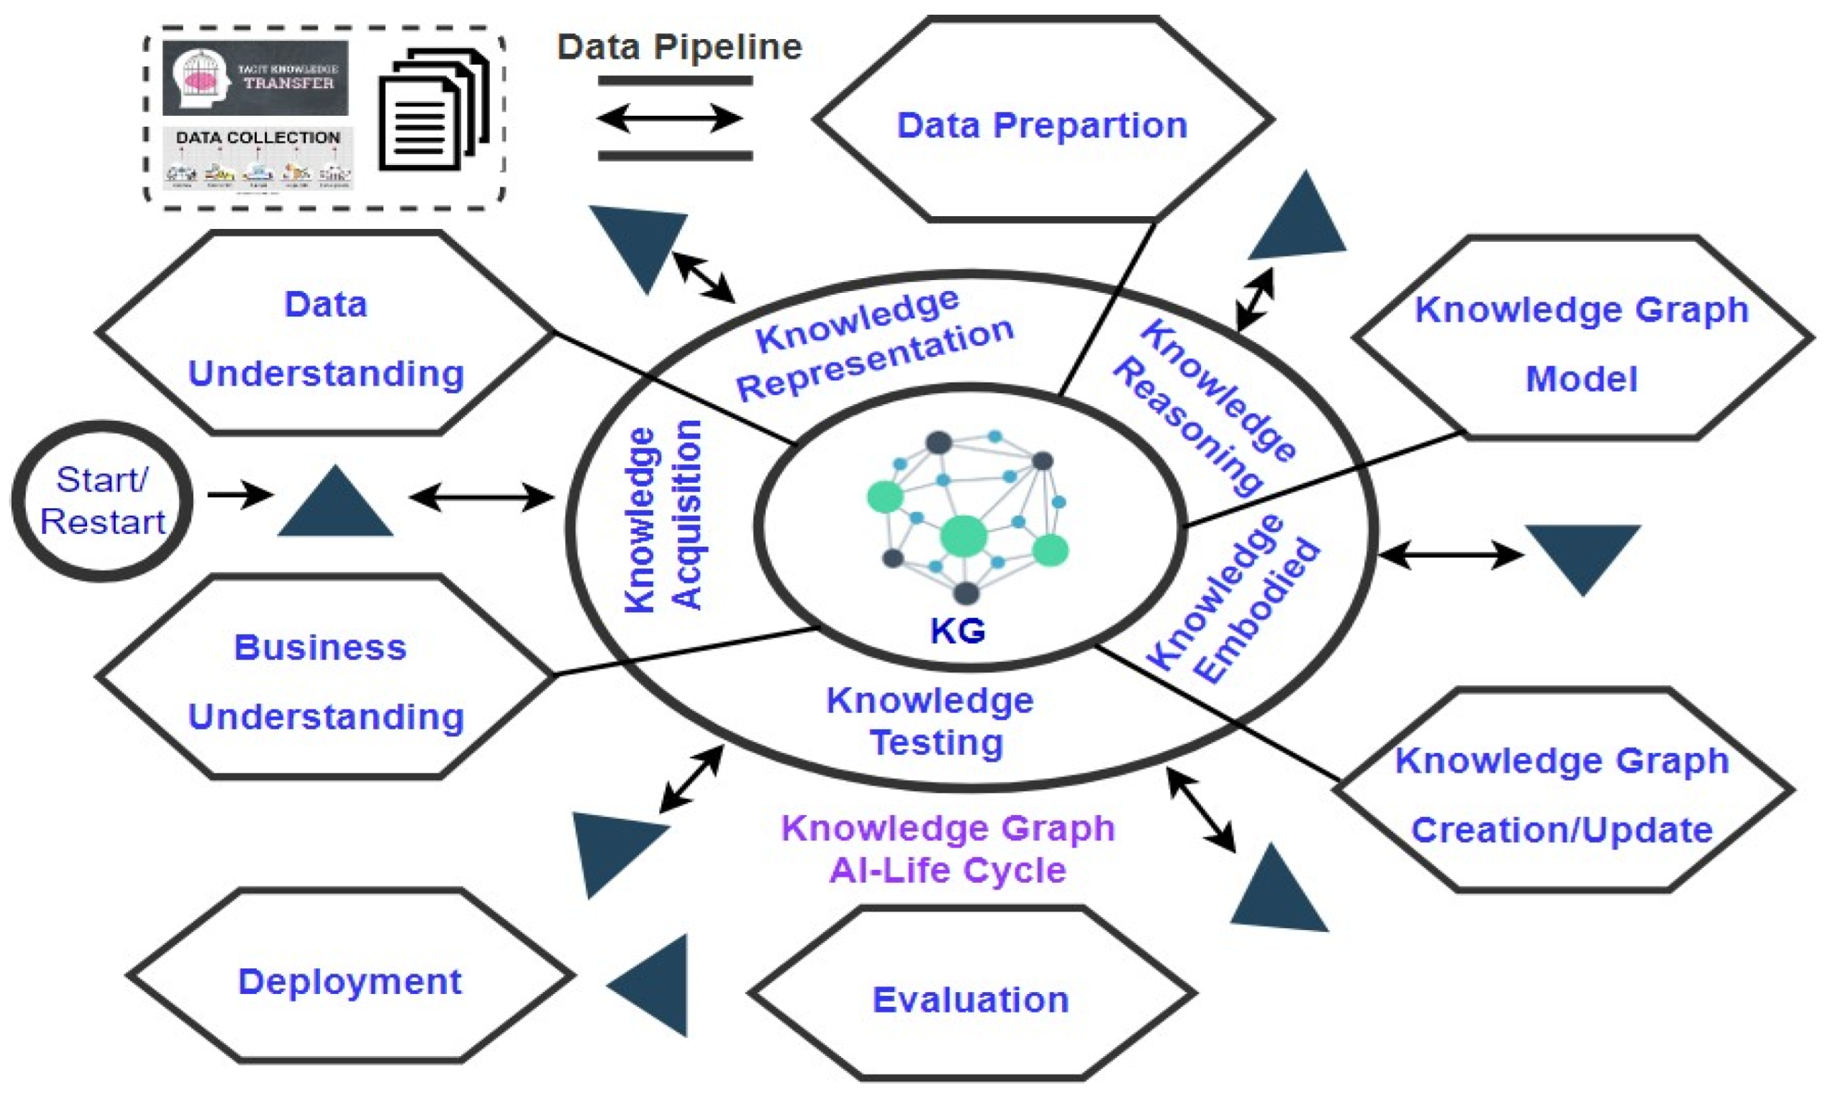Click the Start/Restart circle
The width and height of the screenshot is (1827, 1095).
pos(102,501)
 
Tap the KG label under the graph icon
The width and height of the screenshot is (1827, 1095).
pos(958,631)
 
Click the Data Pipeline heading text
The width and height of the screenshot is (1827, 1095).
pos(679,47)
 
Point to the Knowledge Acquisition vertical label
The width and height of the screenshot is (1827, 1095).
pos(662,517)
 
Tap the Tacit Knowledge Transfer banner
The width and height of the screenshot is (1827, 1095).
pos(255,77)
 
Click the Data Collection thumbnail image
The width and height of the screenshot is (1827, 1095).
pos(257,160)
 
